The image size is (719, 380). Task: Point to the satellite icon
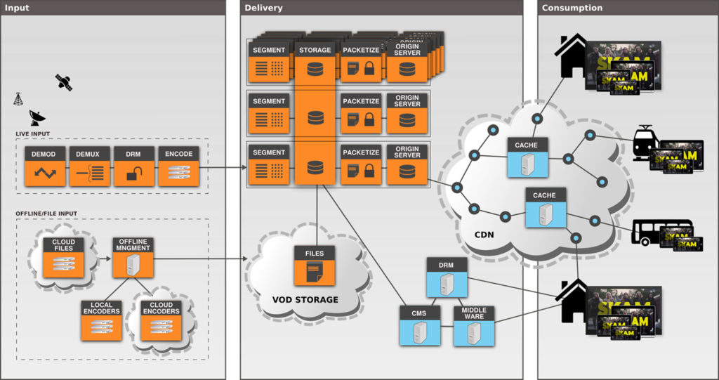[x=64, y=82]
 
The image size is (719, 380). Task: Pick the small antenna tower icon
[x=18, y=99]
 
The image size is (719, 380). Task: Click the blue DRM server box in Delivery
[x=447, y=277]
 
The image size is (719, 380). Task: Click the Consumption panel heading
[x=572, y=8]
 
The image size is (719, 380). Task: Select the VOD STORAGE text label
[x=305, y=300]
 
